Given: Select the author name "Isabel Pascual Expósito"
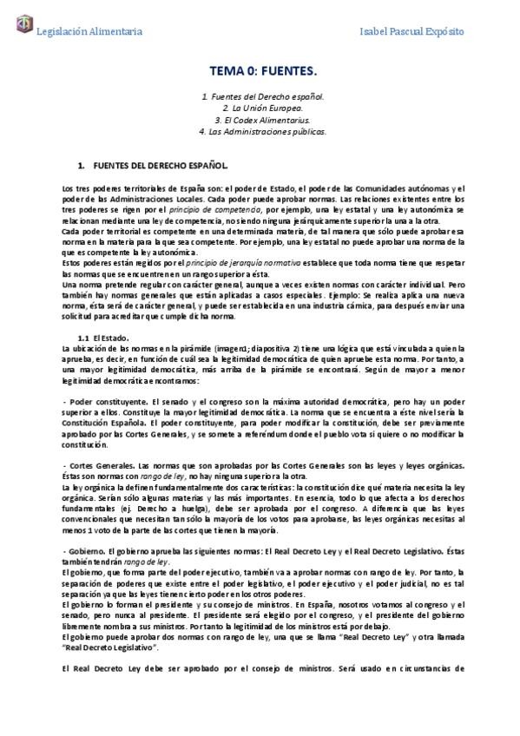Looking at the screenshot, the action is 411,32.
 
